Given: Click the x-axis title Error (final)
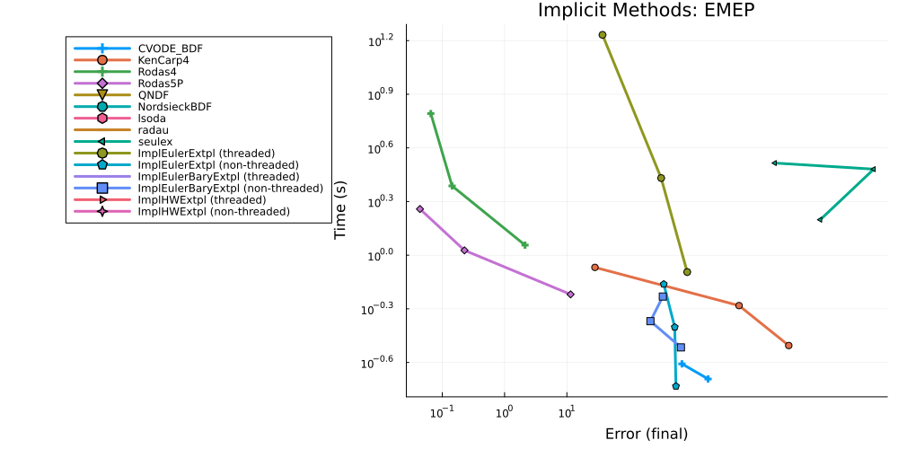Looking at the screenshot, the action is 646,434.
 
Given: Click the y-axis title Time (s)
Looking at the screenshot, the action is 341,210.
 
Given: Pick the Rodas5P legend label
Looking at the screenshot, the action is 157,83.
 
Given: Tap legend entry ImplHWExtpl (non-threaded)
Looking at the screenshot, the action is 215,211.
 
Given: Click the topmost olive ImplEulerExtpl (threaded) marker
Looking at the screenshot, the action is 603,35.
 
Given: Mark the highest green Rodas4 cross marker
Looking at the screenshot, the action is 431,113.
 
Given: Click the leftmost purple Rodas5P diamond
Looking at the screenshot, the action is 419,209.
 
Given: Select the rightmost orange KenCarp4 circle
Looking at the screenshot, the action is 788,346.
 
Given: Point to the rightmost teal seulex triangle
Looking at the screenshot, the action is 873,169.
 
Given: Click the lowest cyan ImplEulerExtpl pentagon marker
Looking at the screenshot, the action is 676,386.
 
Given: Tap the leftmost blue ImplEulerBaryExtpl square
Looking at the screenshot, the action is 650,321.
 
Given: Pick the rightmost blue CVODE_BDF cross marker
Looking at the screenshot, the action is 708,379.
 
